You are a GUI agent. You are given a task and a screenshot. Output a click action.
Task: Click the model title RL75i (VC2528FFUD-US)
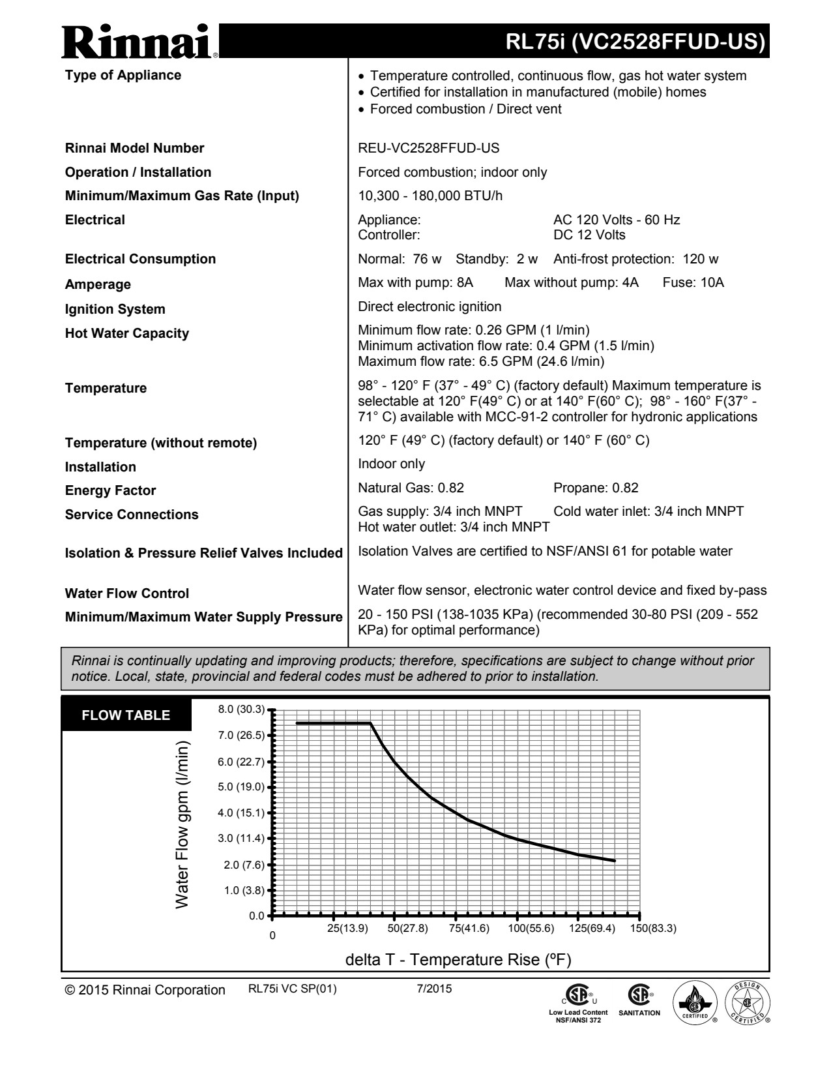tap(635, 42)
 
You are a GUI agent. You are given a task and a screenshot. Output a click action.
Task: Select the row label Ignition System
tap(115, 309)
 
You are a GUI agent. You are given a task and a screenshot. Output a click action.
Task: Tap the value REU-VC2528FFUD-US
tap(429, 148)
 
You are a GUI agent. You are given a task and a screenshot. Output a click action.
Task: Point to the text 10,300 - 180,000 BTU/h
tap(430, 196)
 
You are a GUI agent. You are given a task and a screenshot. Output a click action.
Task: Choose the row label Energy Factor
tap(110, 490)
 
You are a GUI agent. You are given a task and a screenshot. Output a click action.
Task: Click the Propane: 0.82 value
tap(596, 488)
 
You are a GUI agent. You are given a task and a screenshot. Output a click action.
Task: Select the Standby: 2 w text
tap(497, 259)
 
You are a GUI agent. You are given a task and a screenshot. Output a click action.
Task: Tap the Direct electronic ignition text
tap(430, 306)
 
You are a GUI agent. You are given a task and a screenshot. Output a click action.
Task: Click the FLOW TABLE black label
tap(126, 715)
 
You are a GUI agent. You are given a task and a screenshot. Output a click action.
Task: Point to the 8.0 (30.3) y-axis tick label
tap(241, 710)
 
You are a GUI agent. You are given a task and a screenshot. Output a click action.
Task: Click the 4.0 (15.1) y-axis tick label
tap(241, 813)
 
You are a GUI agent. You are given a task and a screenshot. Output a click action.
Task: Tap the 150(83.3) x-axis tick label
tap(653, 929)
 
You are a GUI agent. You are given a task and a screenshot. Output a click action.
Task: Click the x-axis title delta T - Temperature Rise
tap(458, 960)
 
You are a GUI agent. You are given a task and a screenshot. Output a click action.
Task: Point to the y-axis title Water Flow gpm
tap(182, 825)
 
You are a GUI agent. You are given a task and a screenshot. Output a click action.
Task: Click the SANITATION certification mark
tap(639, 1002)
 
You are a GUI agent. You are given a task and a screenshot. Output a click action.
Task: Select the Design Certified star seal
tap(747, 1002)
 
